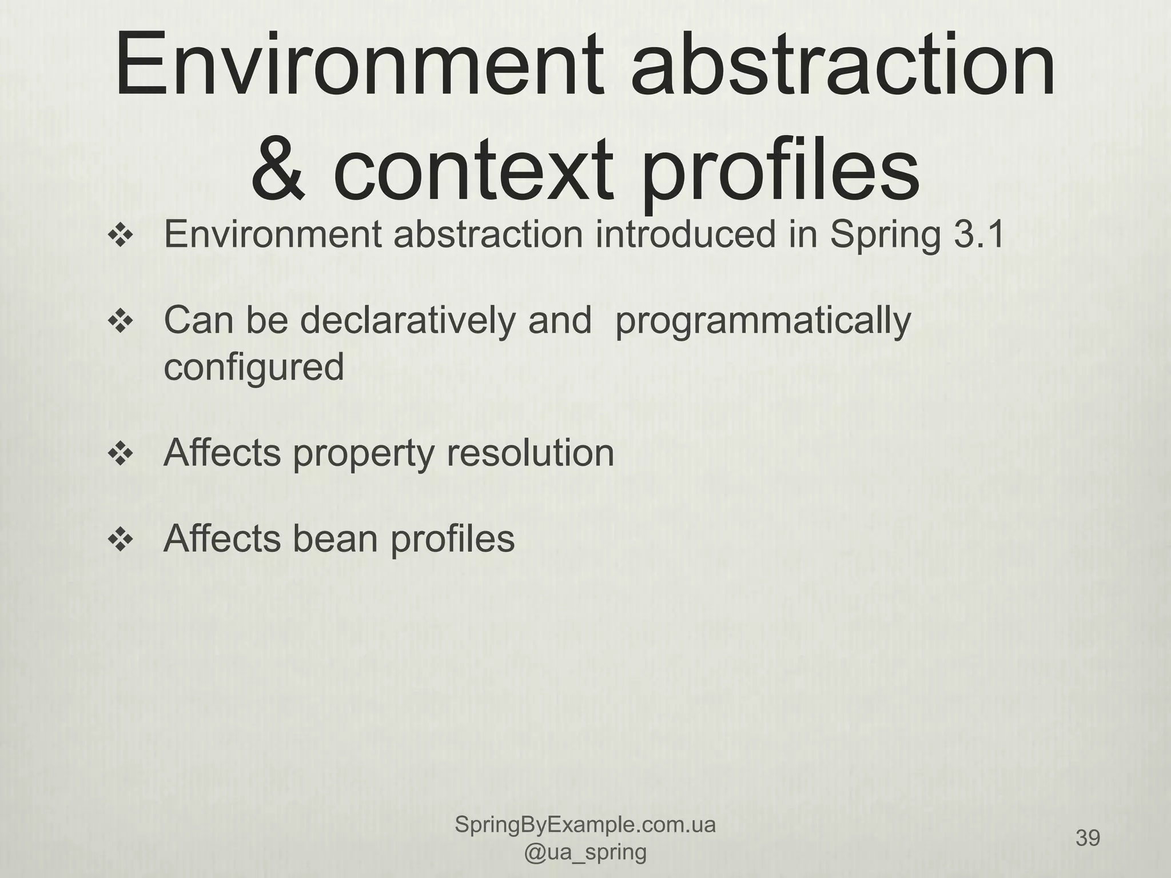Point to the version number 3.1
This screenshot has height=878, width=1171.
(978, 234)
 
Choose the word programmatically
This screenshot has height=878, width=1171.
(763, 321)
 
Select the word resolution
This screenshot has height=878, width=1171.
(531, 453)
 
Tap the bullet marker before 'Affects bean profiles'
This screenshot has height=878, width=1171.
(121, 539)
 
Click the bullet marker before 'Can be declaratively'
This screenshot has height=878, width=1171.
(121, 321)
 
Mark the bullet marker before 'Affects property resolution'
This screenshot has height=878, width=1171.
(121, 453)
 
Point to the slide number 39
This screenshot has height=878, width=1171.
(1088, 839)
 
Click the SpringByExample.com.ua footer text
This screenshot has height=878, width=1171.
(585, 825)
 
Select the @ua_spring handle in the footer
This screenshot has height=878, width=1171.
(585, 852)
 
